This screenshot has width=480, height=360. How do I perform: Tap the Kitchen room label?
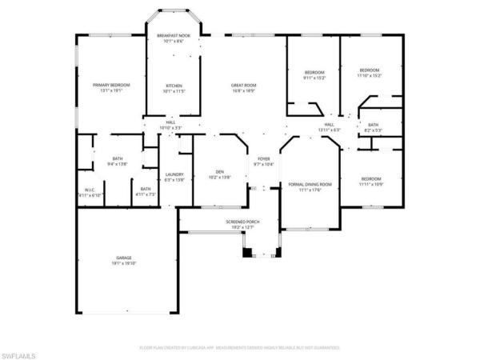pos(174,87)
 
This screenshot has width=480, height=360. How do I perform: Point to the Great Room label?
pos(243,87)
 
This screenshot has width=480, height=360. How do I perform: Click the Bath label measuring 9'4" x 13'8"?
pos(118,161)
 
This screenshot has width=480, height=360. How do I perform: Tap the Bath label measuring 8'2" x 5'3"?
pos(374,127)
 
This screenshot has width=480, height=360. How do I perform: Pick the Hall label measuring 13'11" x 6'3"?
pos(329,127)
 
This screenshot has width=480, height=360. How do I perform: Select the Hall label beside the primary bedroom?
pos(170,125)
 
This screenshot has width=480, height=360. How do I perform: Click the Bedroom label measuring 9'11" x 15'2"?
pos(314,74)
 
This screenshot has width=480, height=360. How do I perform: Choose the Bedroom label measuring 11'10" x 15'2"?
pos(370,72)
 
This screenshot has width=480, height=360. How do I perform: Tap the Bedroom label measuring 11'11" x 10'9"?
pos(370,181)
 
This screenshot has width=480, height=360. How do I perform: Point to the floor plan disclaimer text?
pos(240,348)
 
